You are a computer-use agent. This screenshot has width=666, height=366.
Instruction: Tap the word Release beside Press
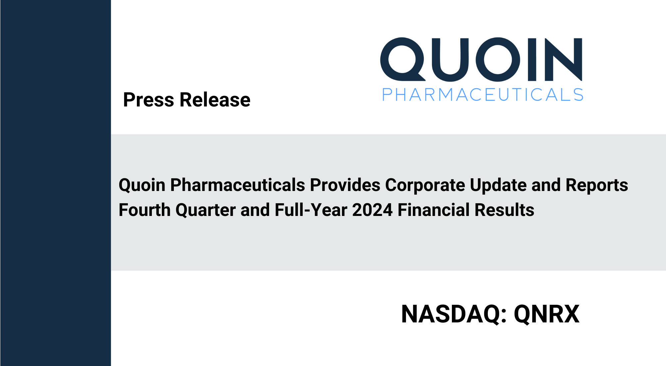(x=215, y=99)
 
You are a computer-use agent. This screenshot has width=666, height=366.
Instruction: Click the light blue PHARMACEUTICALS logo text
(x=483, y=95)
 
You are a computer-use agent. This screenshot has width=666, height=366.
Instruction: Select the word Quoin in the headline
(x=142, y=185)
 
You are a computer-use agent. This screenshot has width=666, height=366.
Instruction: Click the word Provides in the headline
(x=345, y=185)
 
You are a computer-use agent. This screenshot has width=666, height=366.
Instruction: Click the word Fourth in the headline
(x=145, y=210)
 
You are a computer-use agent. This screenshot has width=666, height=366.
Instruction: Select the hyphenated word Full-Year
(x=311, y=210)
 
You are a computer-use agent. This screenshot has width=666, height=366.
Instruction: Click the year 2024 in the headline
(x=372, y=210)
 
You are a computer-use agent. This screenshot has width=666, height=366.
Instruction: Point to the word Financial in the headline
(x=434, y=210)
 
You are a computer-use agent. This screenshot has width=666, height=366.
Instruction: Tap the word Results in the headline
(x=504, y=210)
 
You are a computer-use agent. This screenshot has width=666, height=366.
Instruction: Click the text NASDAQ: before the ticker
(x=454, y=314)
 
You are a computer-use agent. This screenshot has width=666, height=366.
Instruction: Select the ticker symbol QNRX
(x=546, y=314)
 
